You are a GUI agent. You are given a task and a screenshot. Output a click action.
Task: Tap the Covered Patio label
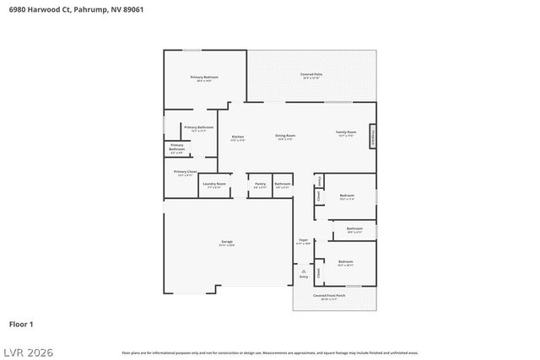tap(311, 75)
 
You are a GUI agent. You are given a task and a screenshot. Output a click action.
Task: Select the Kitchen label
tap(238, 137)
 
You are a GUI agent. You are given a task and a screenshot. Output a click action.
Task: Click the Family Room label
tap(347, 133)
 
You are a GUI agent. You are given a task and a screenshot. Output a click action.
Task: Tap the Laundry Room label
tap(214, 184)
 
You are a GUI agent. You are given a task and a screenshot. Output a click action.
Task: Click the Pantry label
tap(260, 184)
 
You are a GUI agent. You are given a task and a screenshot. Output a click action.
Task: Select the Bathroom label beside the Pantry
tap(283, 184)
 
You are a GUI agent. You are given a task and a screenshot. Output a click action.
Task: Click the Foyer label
tap(303, 240)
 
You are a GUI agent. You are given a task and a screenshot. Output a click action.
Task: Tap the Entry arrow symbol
tap(304, 271)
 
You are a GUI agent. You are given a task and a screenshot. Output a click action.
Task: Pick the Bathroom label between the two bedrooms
tap(354, 228)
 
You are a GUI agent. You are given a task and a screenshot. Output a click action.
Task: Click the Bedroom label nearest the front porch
tap(346, 262)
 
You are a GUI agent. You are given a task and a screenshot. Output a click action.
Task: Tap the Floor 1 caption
tap(21, 324)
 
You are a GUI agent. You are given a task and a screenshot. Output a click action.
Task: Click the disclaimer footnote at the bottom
tap(269, 352)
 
